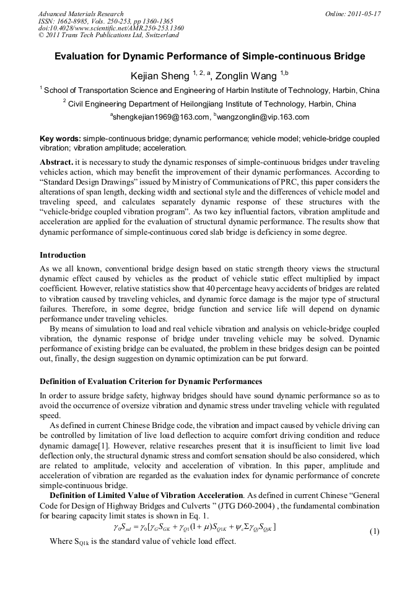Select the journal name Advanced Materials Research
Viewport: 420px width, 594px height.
(81, 14)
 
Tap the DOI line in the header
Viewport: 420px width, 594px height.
(111, 28)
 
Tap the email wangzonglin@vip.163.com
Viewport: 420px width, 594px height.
(263, 116)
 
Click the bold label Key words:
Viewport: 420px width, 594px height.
(60, 139)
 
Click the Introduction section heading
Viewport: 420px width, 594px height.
(63, 255)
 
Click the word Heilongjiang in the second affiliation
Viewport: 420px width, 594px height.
(215, 103)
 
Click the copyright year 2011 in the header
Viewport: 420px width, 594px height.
(55, 35)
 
